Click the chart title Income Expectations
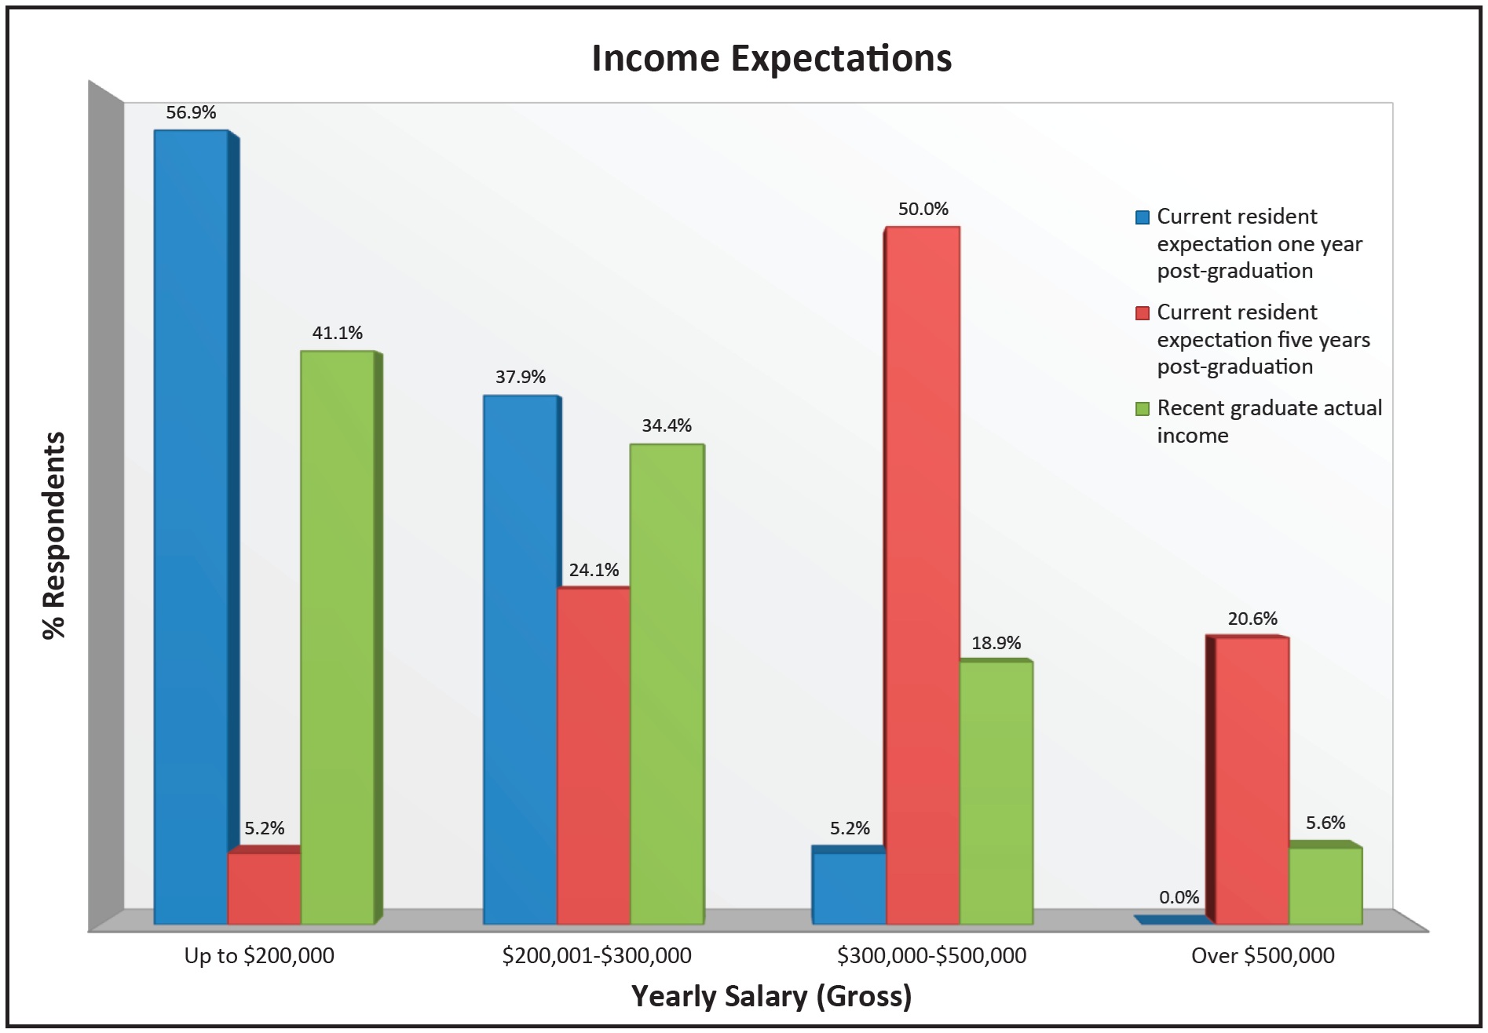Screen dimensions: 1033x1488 pos(771,59)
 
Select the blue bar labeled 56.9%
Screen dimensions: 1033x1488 pos(191,526)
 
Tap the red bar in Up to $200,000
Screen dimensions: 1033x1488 pos(264,888)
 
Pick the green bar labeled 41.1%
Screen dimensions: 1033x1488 pos(337,637)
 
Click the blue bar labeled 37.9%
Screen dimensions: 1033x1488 pos(520,659)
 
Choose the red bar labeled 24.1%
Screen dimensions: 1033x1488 pos(593,755)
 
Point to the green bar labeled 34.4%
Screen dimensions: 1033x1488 pos(667,684)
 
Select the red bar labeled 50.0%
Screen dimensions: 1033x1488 pos(923,575)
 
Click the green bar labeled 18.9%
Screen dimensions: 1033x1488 pos(996,792)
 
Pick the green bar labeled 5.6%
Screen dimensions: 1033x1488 pos(1325,885)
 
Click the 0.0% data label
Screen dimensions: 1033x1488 pos(1179,897)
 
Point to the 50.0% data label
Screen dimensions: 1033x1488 pos(923,209)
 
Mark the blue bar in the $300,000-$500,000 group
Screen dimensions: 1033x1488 pos(849,888)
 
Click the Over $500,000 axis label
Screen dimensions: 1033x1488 pos(1263,955)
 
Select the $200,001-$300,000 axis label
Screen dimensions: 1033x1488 pos(597,955)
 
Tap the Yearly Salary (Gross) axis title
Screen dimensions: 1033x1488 pos(771,996)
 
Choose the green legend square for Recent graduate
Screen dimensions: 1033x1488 pos(1143,409)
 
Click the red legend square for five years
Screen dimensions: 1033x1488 pos(1143,313)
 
